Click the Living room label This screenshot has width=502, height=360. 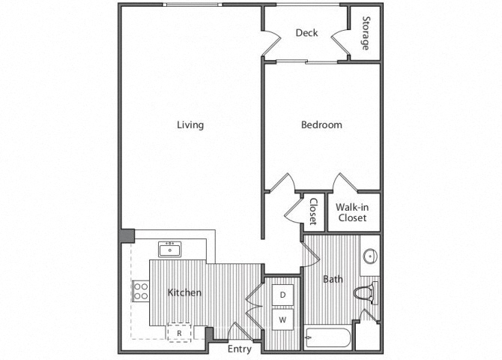pyautogui.click(x=190, y=124)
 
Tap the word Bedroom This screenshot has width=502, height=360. pyautogui.click(x=321, y=124)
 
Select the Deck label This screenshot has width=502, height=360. pyautogui.click(x=306, y=33)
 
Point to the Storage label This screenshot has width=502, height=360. pyautogui.click(x=366, y=33)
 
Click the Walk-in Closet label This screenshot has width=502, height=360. pyautogui.click(x=352, y=212)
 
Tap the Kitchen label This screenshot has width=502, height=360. pyautogui.click(x=184, y=292)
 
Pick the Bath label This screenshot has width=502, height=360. pyautogui.click(x=333, y=279)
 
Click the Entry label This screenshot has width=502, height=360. pyautogui.click(x=240, y=349)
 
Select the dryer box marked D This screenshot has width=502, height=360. pyautogui.click(x=282, y=295)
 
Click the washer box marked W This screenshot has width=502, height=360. pyautogui.click(x=282, y=319)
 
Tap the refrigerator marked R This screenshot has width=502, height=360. pyautogui.click(x=179, y=333)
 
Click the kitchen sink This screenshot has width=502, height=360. pyautogui.click(x=169, y=249)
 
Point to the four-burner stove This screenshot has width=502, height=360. pyautogui.click(x=141, y=291)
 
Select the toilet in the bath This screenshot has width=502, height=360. pyautogui.click(x=366, y=292)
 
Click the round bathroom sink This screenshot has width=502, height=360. pyautogui.click(x=370, y=256)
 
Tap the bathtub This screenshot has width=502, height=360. pyautogui.click(x=327, y=337)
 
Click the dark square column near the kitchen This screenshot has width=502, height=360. pyautogui.click(x=127, y=236)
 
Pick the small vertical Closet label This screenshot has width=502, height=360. pyautogui.click(x=313, y=211)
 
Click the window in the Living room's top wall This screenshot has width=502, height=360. pyautogui.click(x=193, y=4)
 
